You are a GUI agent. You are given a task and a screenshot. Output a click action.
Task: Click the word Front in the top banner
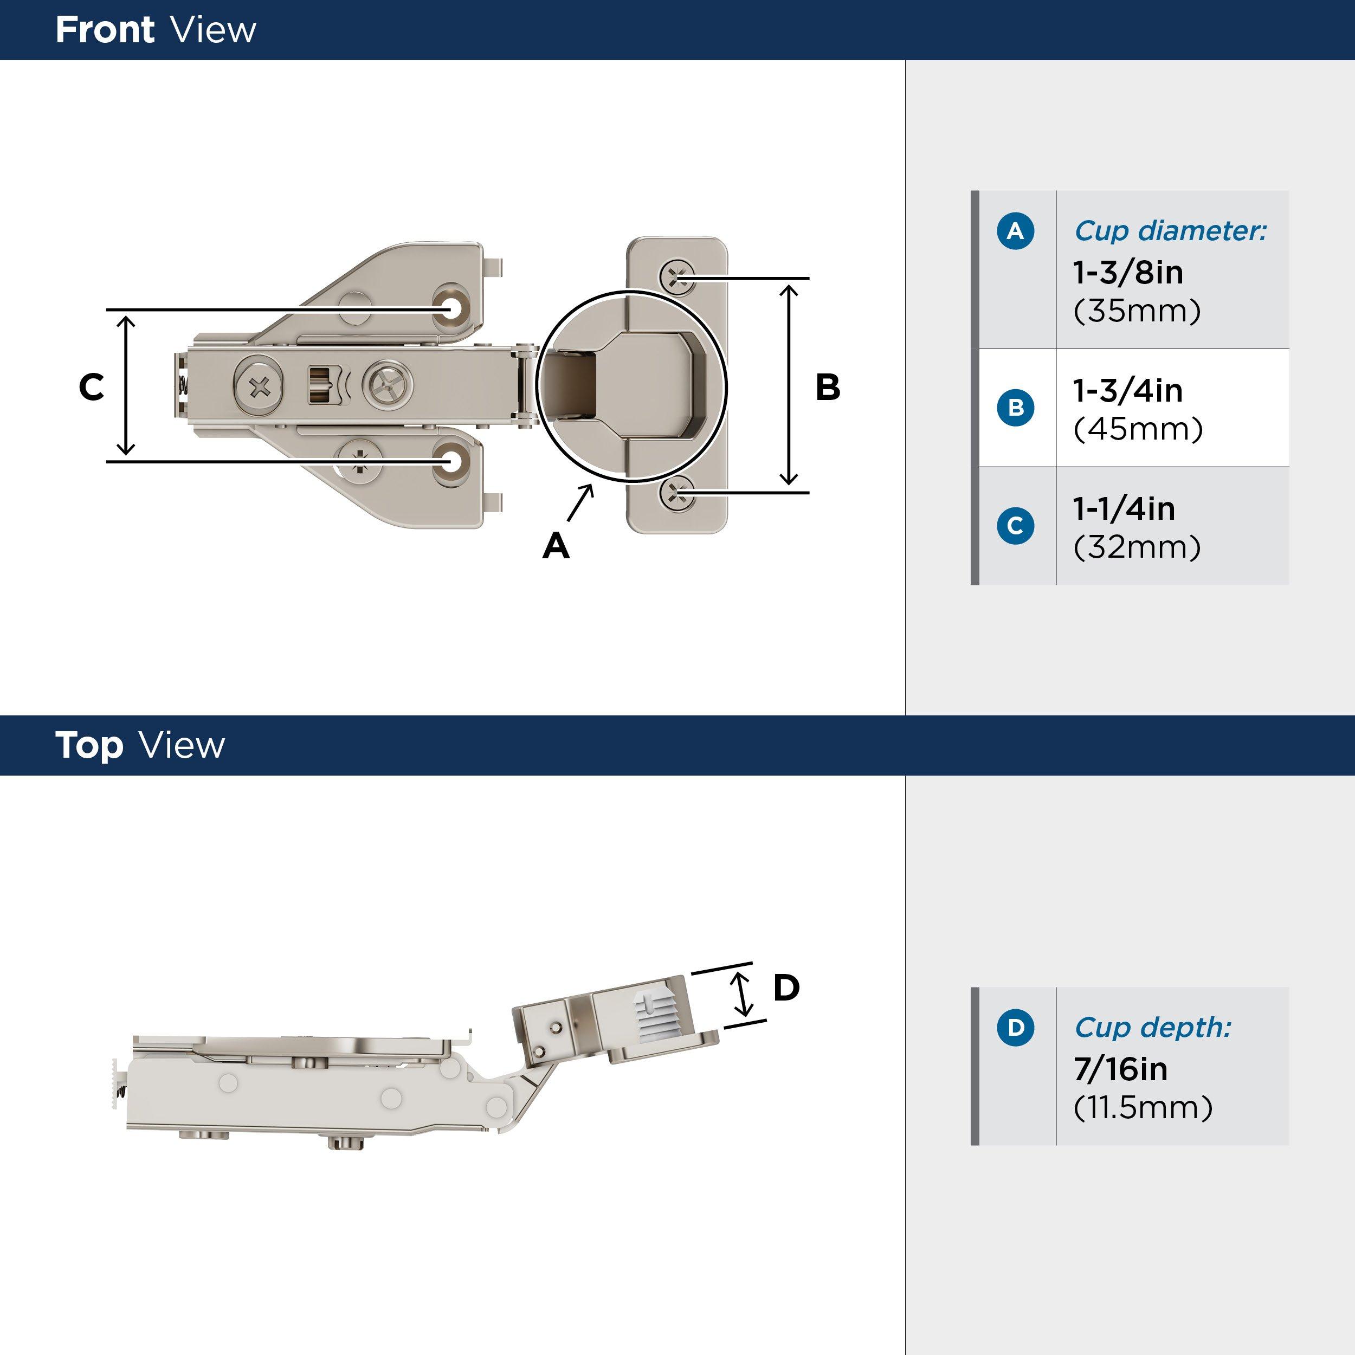tap(105, 30)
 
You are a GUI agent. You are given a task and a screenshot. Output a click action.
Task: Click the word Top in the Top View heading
tap(89, 746)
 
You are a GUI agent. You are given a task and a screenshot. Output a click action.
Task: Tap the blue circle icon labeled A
tap(1015, 231)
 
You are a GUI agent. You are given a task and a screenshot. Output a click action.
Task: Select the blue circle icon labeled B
tap(1015, 408)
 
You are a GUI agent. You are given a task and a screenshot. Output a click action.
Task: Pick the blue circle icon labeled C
tap(1015, 525)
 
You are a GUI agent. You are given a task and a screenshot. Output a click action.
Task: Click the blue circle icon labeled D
tap(1015, 1028)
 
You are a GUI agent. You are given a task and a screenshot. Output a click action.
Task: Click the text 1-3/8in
tap(1128, 272)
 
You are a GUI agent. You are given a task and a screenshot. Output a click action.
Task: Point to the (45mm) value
tap(1138, 429)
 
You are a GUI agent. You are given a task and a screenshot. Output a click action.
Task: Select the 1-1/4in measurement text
tap(1124, 508)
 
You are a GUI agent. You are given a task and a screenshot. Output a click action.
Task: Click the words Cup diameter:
tap(1170, 231)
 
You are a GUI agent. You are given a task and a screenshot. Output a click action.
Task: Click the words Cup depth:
tap(1152, 1028)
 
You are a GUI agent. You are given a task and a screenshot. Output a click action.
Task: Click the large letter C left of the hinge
tap(91, 387)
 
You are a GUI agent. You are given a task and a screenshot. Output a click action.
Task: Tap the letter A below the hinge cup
tap(556, 546)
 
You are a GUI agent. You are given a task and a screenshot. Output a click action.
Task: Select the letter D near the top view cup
tap(786, 988)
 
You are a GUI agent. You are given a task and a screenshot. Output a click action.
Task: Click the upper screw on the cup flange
tap(677, 276)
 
